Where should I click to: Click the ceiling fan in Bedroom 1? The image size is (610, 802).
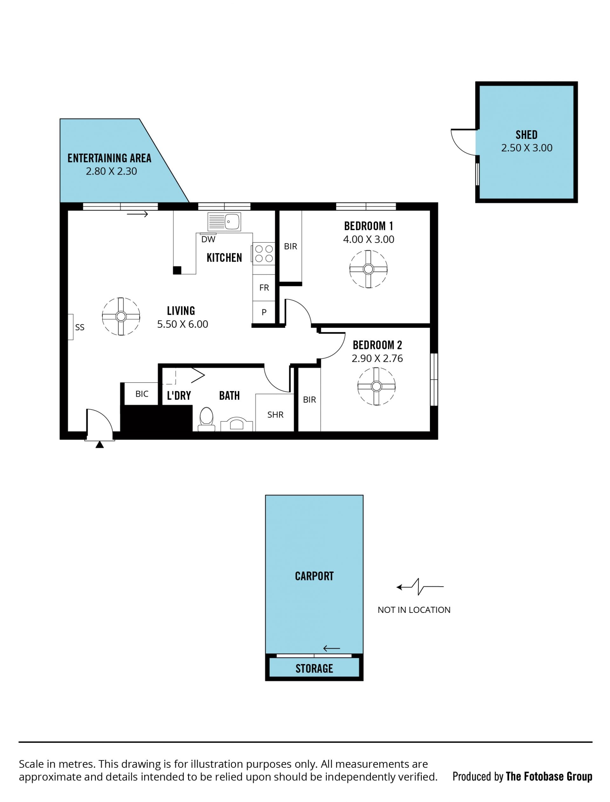point(368,269)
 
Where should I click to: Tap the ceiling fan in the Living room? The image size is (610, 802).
point(121,316)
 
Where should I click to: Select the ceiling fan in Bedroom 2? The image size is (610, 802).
point(376,386)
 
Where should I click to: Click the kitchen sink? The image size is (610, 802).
point(224,222)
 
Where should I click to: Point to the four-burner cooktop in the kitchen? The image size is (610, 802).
point(264,254)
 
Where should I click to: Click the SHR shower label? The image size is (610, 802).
point(275,415)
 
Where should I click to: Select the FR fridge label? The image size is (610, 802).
point(264,288)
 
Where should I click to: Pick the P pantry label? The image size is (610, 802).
point(264,312)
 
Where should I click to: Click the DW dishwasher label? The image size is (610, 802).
point(208,239)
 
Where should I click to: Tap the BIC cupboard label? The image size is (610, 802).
point(142,394)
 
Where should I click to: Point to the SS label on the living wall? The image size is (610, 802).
point(79,327)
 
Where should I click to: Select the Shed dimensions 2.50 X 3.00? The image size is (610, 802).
point(526,148)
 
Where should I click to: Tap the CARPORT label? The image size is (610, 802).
point(314,576)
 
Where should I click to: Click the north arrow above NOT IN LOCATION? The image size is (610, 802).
point(420,586)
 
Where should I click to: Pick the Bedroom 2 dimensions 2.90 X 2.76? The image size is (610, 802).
point(377,359)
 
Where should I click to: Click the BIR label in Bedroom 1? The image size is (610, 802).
point(290,246)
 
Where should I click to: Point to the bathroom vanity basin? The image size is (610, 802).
point(236,424)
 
